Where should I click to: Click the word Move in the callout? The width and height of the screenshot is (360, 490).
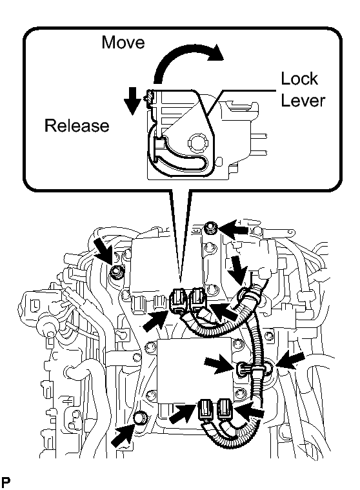click(x=123, y=42)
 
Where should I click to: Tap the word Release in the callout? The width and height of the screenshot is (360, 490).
click(x=77, y=126)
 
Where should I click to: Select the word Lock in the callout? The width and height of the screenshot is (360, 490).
click(x=299, y=78)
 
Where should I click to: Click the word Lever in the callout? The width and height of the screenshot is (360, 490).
click(x=303, y=100)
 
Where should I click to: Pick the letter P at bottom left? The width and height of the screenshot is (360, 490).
click(x=5, y=482)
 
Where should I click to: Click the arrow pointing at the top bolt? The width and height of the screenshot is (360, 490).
click(x=233, y=229)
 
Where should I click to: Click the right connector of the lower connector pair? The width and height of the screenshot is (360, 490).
click(x=225, y=409)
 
